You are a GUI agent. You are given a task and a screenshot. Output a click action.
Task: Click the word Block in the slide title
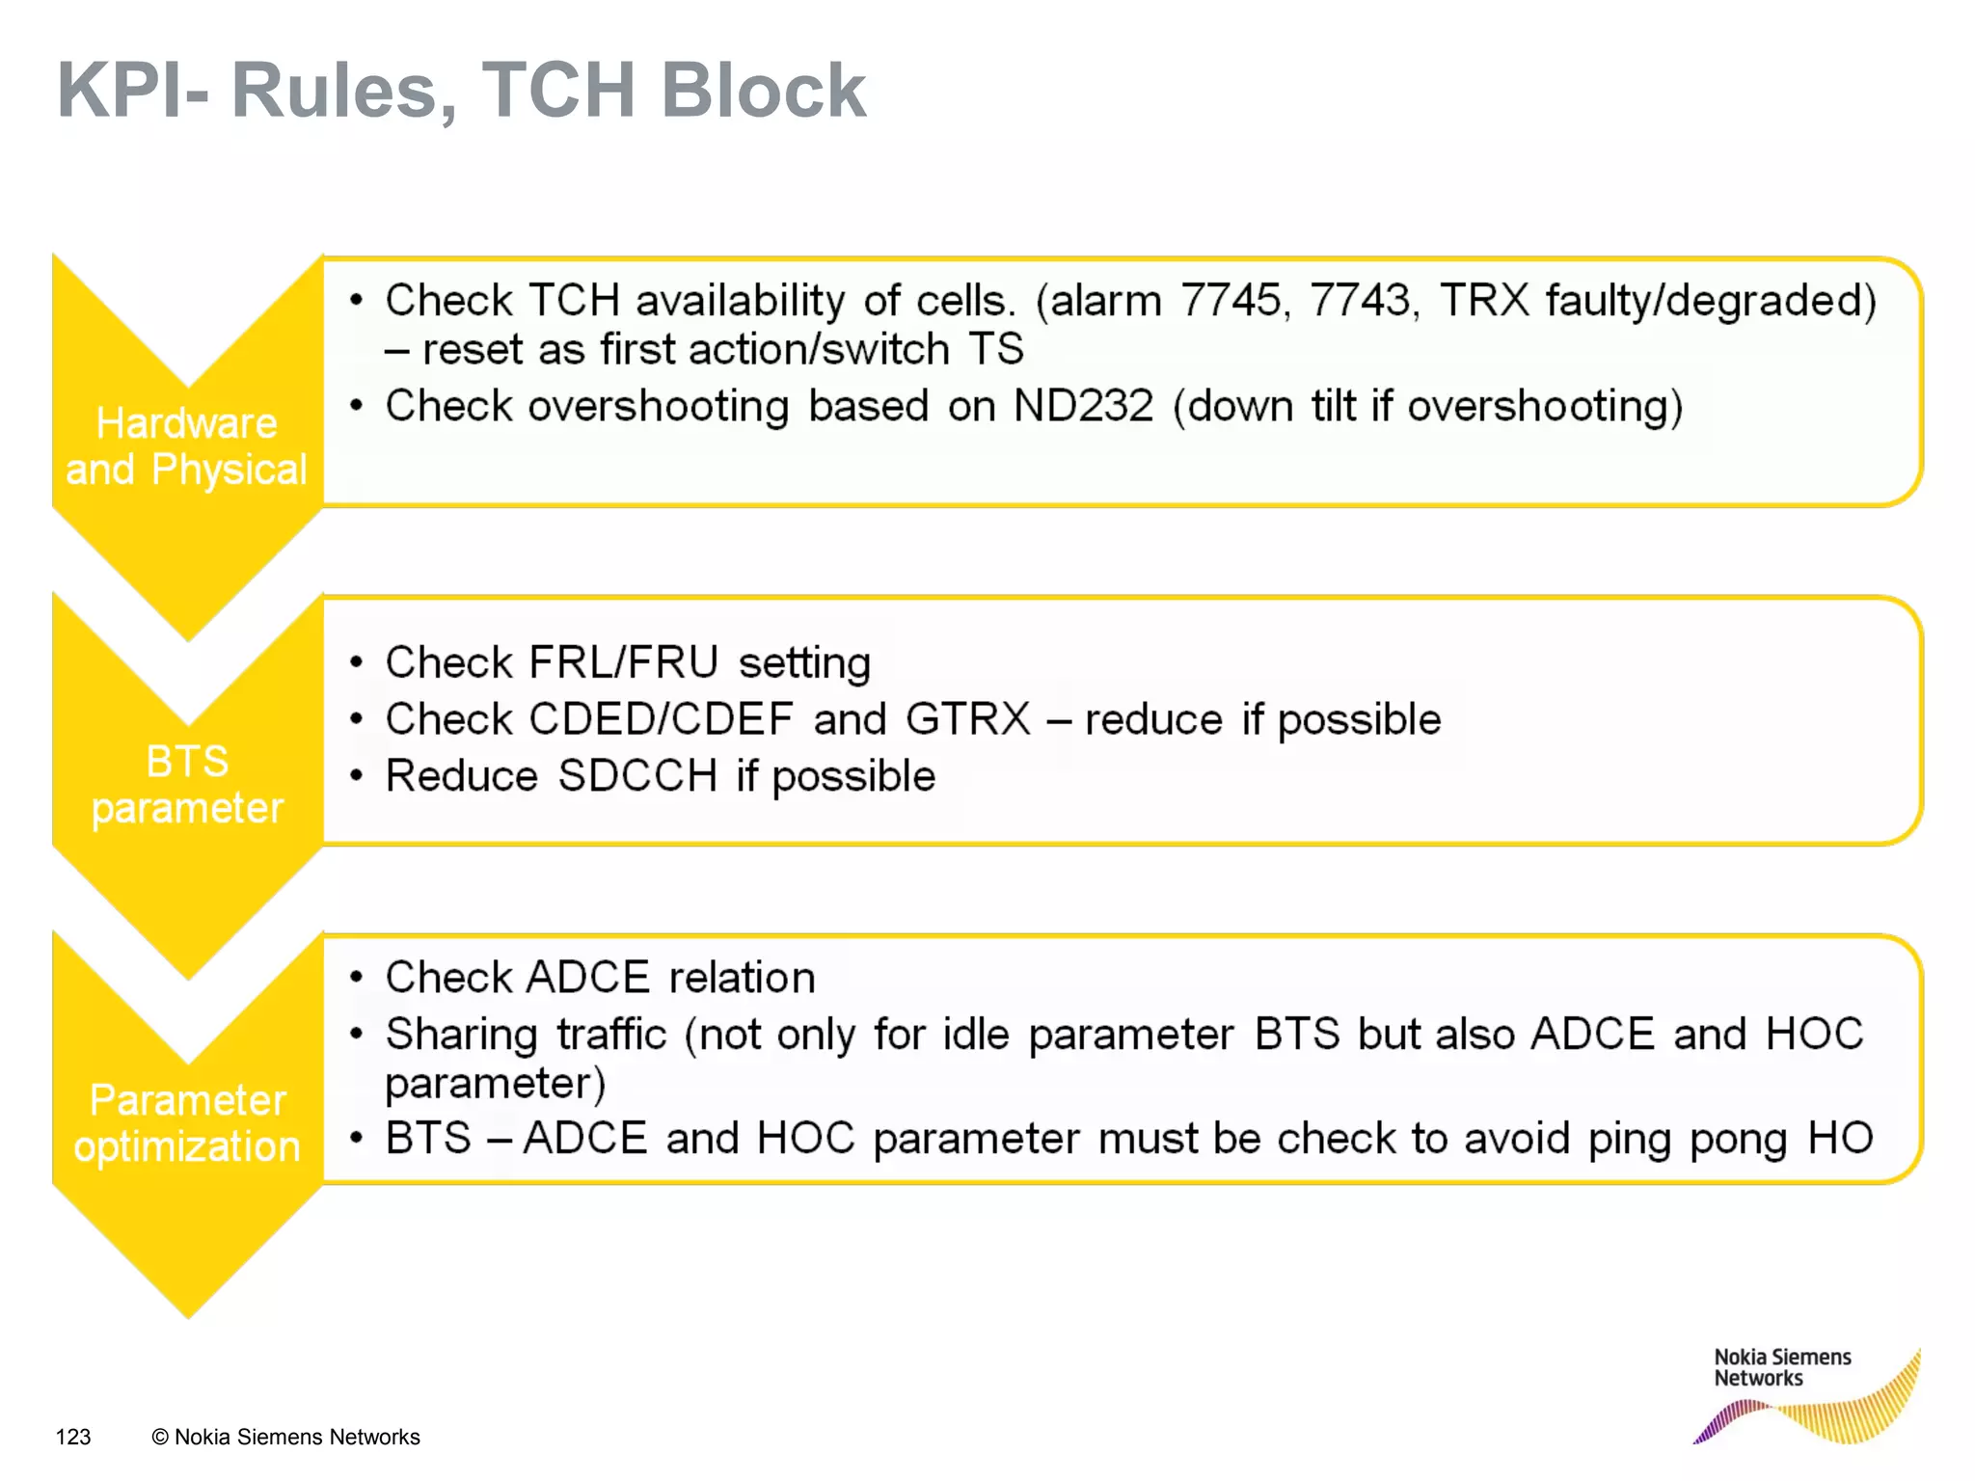[763, 91]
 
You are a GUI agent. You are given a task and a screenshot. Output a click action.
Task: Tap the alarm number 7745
[1231, 300]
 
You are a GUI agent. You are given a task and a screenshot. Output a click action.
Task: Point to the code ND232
[1083, 406]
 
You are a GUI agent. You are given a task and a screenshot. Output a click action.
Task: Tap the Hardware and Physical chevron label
[186, 446]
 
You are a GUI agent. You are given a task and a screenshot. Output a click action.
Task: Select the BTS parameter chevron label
[187, 784]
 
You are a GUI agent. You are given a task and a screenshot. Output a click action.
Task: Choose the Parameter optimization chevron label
[187, 1123]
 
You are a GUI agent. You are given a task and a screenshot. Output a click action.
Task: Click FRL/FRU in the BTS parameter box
[624, 662]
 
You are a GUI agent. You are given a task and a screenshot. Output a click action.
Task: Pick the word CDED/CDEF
[661, 719]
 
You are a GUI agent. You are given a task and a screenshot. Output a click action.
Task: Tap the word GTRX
[968, 719]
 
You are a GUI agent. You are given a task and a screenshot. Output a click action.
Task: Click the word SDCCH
[637, 776]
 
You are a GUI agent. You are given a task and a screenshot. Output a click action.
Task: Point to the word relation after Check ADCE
[742, 978]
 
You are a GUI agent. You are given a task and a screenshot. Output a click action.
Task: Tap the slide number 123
[73, 1437]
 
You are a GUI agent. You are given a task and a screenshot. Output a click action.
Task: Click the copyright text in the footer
[285, 1437]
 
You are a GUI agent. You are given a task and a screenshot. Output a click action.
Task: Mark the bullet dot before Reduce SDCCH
[357, 776]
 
